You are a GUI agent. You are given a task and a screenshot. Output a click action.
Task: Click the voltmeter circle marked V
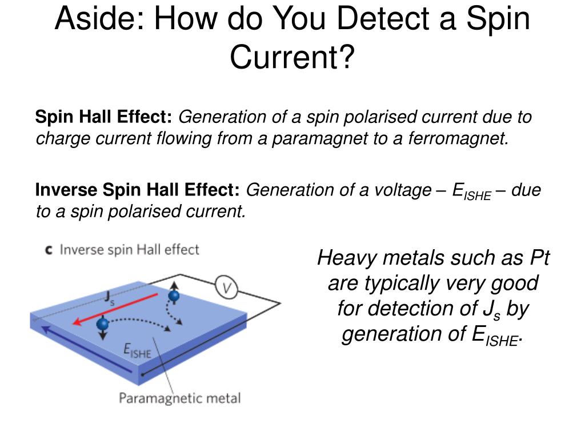point(226,289)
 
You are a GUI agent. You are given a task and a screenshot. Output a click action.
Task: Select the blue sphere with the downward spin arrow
point(102,324)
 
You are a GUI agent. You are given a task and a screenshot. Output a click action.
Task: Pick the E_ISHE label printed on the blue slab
point(137,350)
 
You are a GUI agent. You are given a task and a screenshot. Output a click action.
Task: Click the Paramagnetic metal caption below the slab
point(179,398)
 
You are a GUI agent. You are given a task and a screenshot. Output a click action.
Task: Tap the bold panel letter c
point(49,250)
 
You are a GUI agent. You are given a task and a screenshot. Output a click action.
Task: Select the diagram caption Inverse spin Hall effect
point(130,249)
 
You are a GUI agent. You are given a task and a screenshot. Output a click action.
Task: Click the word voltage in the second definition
point(396,190)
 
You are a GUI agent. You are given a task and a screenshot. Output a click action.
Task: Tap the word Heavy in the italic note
point(344,258)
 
